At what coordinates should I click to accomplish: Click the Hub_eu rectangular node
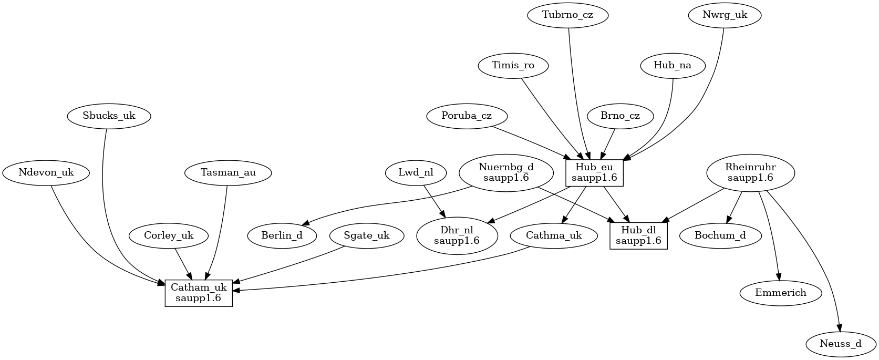(x=594, y=172)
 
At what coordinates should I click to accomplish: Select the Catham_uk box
(x=199, y=293)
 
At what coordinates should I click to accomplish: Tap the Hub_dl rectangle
(x=638, y=235)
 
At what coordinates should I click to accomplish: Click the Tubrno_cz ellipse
(x=567, y=15)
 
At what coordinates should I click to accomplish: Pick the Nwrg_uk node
(x=725, y=15)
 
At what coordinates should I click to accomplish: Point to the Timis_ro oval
(x=513, y=66)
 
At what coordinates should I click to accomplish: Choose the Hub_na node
(x=673, y=66)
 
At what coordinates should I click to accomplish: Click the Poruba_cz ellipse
(x=467, y=116)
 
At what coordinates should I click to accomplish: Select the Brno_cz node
(x=621, y=116)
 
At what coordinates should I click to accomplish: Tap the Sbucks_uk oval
(x=109, y=116)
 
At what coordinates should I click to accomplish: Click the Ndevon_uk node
(x=46, y=172)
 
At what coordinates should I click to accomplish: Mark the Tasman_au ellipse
(x=228, y=172)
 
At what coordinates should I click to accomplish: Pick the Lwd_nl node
(x=416, y=172)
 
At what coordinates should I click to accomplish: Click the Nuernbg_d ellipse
(x=506, y=172)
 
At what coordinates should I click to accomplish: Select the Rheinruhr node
(x=750, y=172)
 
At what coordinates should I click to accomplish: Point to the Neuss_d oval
(x=841, y=344)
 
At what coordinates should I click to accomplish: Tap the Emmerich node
(x=780, y=293)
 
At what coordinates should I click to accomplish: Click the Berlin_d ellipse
(x=282, y=235)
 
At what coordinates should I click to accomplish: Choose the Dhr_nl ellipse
(x=457, y=235)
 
